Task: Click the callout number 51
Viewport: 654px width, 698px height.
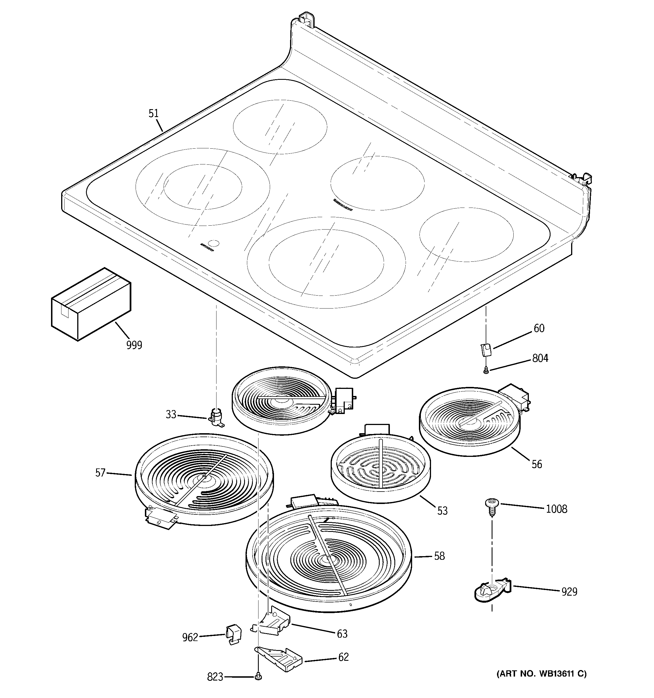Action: click(153, 113)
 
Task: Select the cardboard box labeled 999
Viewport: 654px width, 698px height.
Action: click(91, 304)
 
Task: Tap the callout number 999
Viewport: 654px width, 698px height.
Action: click(134, 345)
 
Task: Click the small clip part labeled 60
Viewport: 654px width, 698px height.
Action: click(486, 350)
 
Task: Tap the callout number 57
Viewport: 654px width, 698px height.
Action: click(100, 473)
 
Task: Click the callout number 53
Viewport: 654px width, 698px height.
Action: click(442, 511)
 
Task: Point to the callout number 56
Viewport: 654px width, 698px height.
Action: click(536, 464)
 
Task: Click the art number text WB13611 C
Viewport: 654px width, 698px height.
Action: click(541, 673)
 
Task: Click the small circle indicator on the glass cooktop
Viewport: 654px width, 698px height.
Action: click(213, 243)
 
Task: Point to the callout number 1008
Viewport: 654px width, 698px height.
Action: click(556, 509)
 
